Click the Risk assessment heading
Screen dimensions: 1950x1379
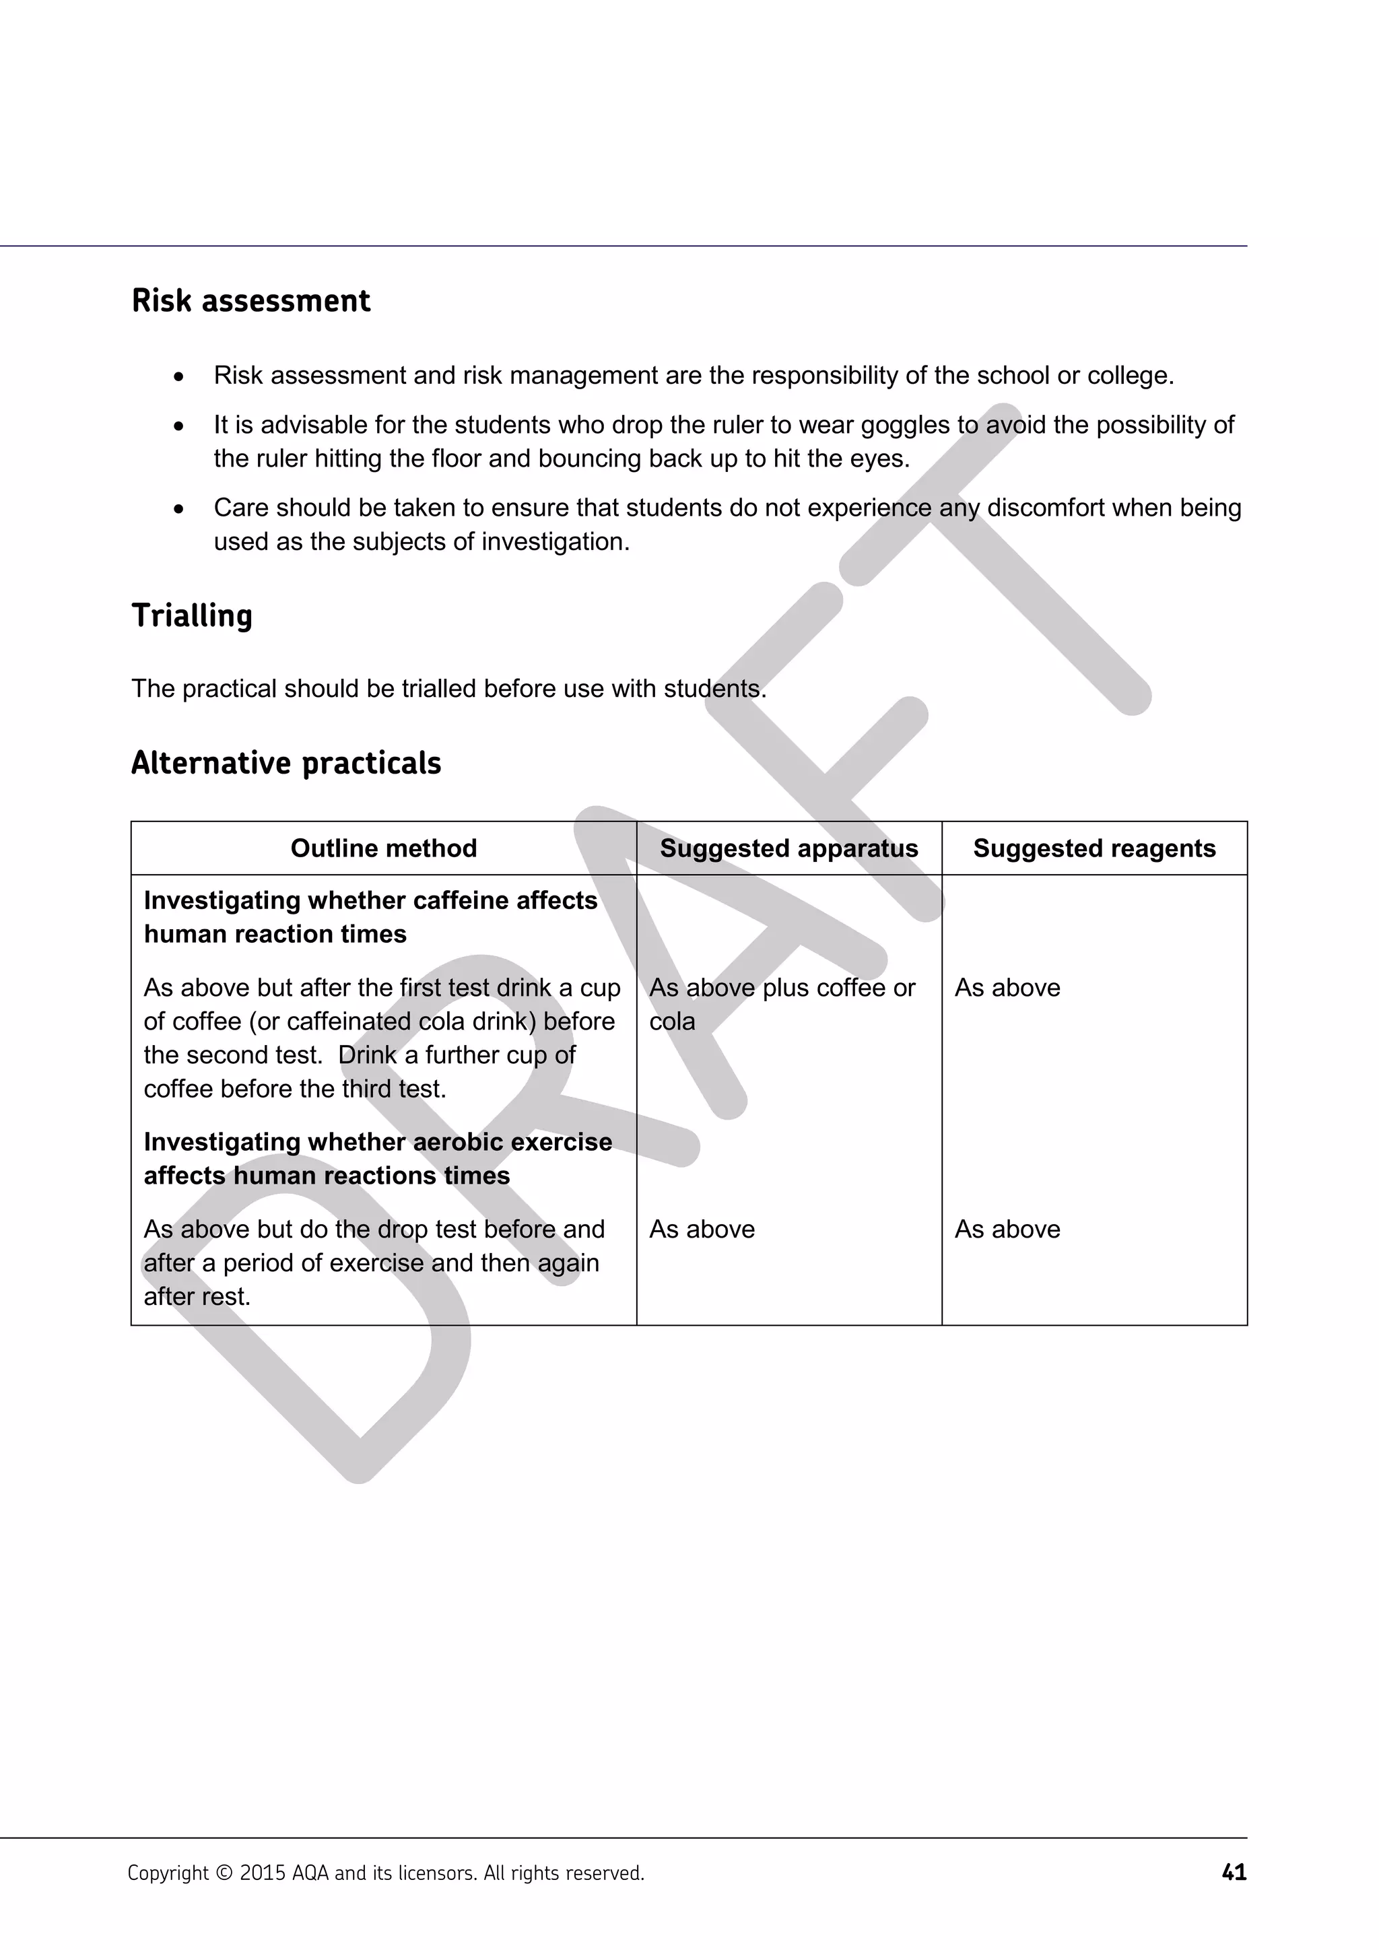250,301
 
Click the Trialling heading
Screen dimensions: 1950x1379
192,615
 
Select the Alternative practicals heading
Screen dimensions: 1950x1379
285,763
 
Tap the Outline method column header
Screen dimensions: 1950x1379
383,848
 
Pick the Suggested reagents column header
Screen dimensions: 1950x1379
1094,848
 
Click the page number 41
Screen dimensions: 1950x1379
1233,1872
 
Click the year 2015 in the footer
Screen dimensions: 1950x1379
263,1873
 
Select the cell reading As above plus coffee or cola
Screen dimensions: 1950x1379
781,1004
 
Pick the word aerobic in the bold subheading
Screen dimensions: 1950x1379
461,1141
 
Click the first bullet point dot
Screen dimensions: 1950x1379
178,376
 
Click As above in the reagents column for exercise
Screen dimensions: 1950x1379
1007,1229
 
